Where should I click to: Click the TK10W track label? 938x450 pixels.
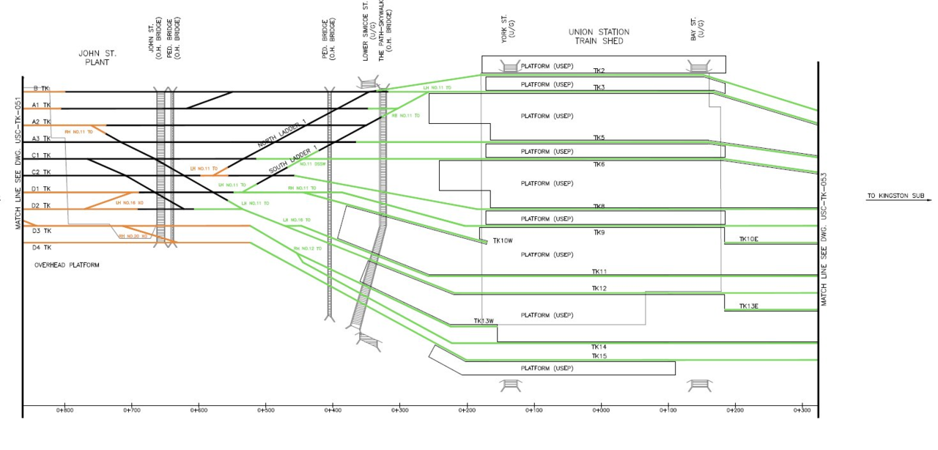coord(503,240)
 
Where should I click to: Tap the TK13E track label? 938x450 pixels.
coord(748,306)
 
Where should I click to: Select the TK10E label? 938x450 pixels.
coord(748,239)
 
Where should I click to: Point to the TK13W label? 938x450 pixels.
coord(484,321)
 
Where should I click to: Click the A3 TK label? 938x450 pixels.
coord(41,139)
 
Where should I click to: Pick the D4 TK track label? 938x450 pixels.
coord(41,247)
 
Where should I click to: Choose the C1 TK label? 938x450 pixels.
coord(41,155)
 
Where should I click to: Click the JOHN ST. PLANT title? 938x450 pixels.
coord(97,58)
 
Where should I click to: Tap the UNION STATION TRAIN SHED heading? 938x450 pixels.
coord(599,37)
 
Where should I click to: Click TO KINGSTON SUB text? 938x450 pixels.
coord(895,196)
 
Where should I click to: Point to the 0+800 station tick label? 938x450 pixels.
coord(64,410)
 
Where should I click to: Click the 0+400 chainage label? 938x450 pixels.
coord(333,410)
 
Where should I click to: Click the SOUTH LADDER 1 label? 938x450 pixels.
coord(292,159)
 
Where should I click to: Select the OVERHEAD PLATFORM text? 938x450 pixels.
coord(67,265)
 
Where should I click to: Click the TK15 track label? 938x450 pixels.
coord(599,356)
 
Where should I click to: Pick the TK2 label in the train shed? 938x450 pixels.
coord(599,70)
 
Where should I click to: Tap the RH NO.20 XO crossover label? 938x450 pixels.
coord(133,236)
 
